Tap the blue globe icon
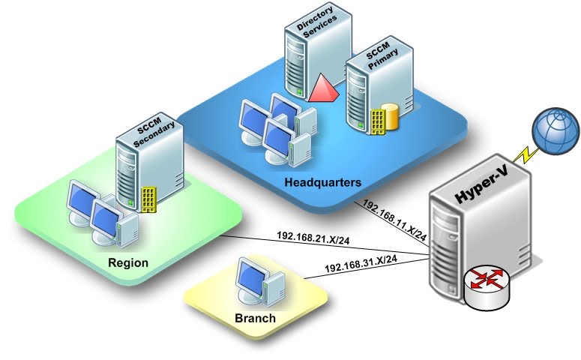pyautogui.click(x=556, y=135)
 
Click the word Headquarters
pyautogui.click(x=323, y=182)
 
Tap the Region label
pyautogui.click(x=128, y=263)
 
